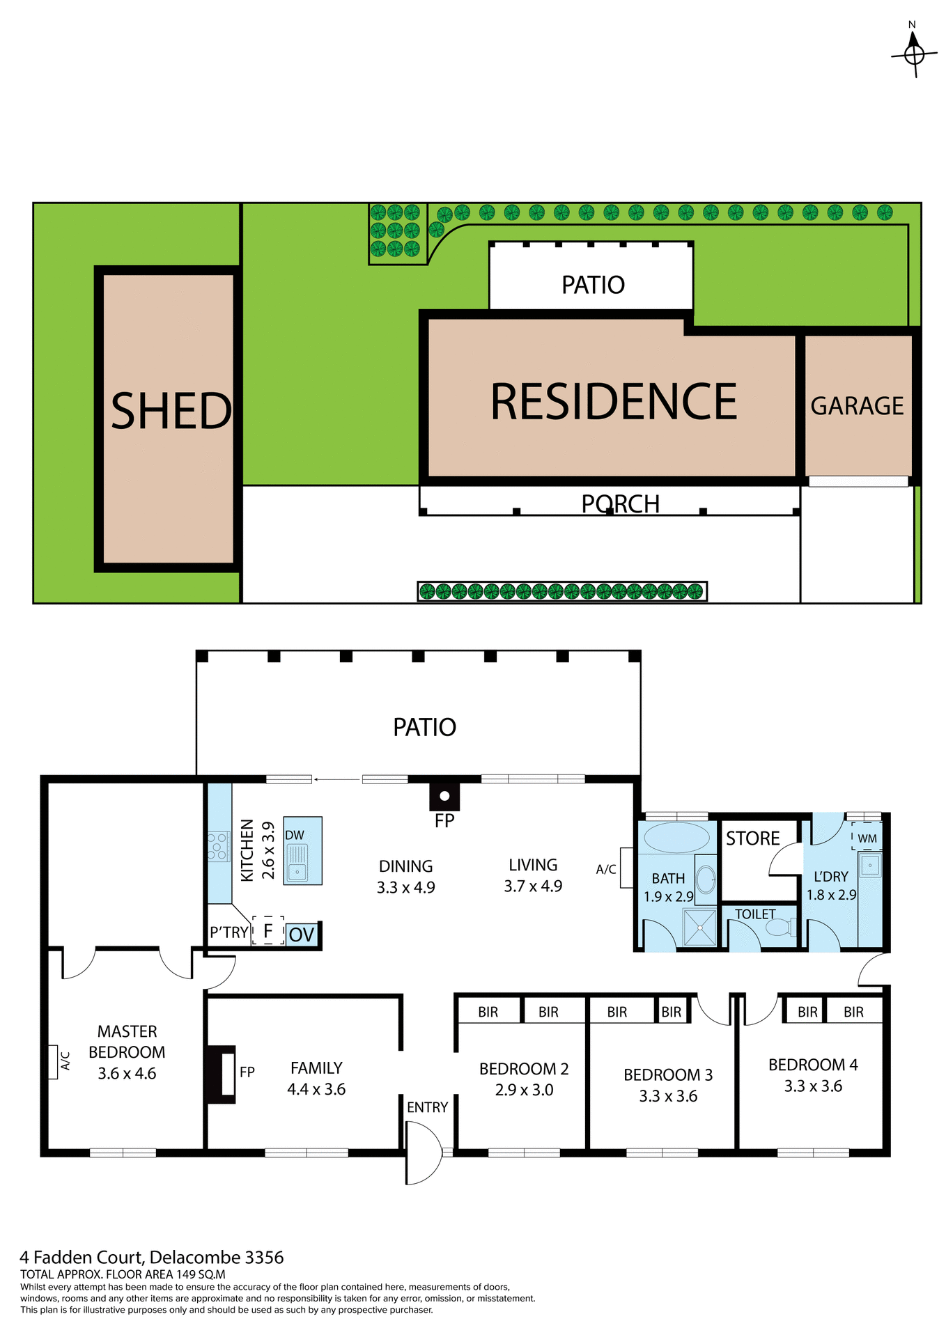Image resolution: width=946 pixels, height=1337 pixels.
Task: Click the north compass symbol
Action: (913, 53)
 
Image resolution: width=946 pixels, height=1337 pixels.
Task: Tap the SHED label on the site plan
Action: (171, 411)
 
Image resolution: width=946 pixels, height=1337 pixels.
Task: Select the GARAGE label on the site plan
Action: (856, 406)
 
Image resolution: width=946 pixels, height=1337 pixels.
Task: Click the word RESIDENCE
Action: (613, 402)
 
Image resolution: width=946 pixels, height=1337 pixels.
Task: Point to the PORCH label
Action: (620, 503)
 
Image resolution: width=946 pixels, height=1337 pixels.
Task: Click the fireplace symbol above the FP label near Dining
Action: (444, 795)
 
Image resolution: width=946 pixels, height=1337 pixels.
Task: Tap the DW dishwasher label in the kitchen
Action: (295, 835)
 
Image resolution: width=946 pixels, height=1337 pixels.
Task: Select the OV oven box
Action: (302, 934)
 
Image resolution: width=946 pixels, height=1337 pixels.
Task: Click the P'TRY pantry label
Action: (228, 932)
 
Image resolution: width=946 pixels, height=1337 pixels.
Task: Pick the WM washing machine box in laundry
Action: (867, 838)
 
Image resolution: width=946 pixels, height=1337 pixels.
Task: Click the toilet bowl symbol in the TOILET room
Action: (781, 927)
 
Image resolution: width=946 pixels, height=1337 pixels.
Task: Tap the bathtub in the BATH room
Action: (676, 837)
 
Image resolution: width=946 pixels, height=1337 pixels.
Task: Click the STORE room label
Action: (752, 838)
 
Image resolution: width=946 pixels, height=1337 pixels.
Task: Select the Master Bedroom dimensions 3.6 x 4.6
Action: (127, 1073)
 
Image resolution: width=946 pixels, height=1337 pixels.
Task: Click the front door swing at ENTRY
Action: (422, 1152)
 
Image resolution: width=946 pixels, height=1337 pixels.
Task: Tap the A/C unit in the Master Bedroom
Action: (53, 1062)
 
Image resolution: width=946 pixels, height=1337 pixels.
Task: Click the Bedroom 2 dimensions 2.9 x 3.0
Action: (524, 1090)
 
